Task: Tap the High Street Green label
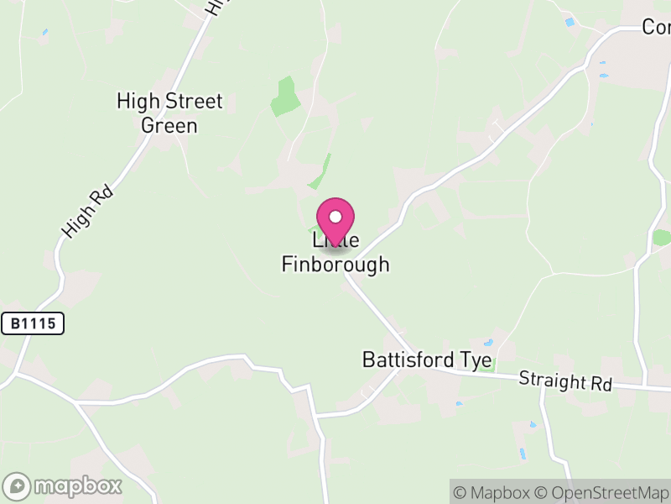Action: point(169,113)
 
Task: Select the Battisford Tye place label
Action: point(427,360)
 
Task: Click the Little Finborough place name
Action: point(335,253)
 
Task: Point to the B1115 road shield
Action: point(33,323)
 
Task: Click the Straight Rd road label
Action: point(565,381)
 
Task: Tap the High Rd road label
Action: point(86,212)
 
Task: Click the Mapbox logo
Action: point(64,486)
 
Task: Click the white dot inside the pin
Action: point(335,216)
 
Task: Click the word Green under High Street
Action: point(169,126)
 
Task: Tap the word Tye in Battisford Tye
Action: point(476,360)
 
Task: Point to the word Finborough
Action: point(335,265)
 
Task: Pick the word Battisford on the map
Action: point(408,360)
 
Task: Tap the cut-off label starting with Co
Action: point(656,27)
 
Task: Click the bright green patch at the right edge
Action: point(663,238)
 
